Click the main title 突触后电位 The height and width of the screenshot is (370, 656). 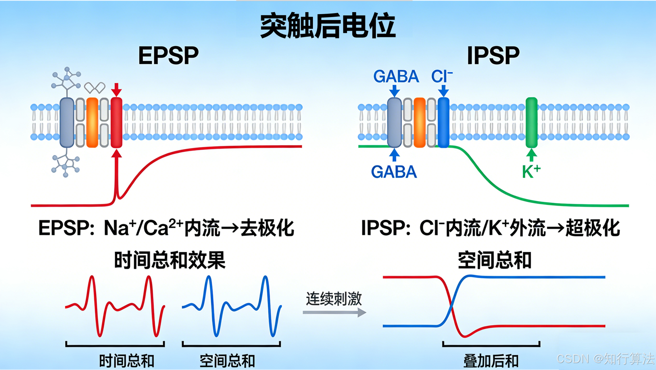pyautogui.click(x=328, y=26)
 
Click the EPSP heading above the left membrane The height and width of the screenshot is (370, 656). pyautogui.click(x=168, y=56)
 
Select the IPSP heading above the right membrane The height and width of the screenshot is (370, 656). pyautogui.click(x=493, y=56)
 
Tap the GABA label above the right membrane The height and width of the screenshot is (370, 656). pyautogui.click(x=396, y=77)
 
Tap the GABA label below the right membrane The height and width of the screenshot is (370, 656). pyautogui.click(x=394, y=172)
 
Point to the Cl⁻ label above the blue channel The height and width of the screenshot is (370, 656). pyautogui.click(x=442, y=77)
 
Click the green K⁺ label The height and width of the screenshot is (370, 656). pyautogui.click(x=531, y=171)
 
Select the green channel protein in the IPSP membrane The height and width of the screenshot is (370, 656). pyautogui.click(x=531, y=122)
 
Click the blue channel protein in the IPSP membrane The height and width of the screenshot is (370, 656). pyautogui.click(x=443, y=122)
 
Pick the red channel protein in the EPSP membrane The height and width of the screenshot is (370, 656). pyautogui.click(x=116, y=122)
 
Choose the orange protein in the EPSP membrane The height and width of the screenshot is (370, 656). pyautogui.click(x=92, y=122)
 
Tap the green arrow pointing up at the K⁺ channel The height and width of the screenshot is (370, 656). pyautogui.click(x=531, y=155)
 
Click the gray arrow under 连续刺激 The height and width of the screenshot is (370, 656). pyautogui.click(x=334, y=312)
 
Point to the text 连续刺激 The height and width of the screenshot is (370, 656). pyautogui.click(x=334, y=299)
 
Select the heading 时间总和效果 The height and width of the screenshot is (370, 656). pyautogui.click(x=170, y=260)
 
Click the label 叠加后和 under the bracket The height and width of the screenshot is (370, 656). pyautogui.click(x=491, y=361)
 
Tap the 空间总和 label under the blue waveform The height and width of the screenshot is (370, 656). pyautogui.click(x=227, y=361)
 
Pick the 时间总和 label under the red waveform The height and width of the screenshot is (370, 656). pyautogui.click(x=127, y=361)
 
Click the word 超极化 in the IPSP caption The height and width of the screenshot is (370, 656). pyautogui.click(x=593, y=228)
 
